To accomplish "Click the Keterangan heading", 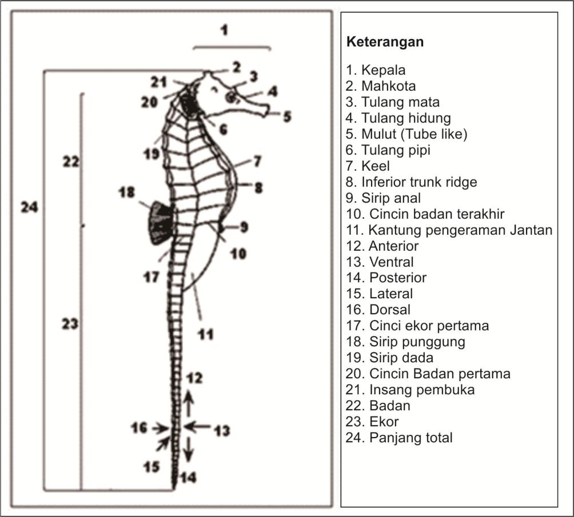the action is (x=385, y=43).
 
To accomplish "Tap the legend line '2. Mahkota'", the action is (x=381, y=86).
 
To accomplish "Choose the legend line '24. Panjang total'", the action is (x=399, y=438).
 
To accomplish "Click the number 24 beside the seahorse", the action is (x=29, y=207).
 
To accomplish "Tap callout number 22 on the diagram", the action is (x=70, y=162).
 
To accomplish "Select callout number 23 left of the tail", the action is (x=70, y=323).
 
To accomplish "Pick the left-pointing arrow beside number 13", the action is (x=196, y=426).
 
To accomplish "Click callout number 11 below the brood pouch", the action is (x=205, y=334).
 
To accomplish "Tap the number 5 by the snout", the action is (x=287, y=117).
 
